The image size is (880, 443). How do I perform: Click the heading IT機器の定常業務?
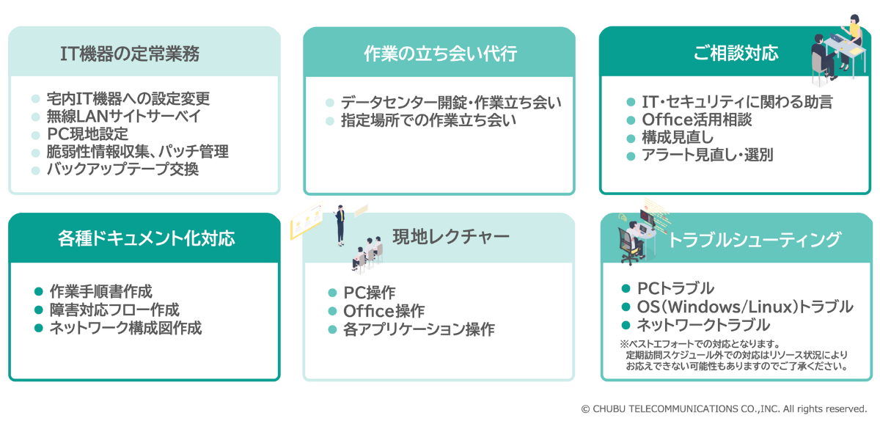(130, 54)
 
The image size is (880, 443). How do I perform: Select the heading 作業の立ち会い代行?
(440, 54)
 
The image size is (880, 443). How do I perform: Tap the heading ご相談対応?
(736, 54)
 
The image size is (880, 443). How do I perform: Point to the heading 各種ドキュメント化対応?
(146, 238)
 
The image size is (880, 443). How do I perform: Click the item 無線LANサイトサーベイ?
(122, 116)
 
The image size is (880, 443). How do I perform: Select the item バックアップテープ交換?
(122, 169)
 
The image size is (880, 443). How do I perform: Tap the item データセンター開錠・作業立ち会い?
(450, 103)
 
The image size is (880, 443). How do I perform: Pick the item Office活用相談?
(697, 120)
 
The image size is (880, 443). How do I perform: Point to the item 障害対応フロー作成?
(114, 310)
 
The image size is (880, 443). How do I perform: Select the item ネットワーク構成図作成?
(125, 328)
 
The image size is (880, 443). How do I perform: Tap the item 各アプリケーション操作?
(418, 329)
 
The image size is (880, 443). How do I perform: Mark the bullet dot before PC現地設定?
(36, 134)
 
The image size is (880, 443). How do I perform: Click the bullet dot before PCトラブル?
(626, 288)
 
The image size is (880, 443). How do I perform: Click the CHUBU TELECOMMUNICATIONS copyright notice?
(724, 409)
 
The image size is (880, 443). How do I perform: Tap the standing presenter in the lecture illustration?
(340, 224)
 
